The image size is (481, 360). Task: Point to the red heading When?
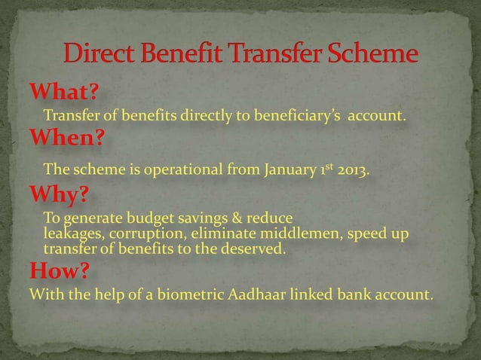pyautogui.click(x=66, y=140)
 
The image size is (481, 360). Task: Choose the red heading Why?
pyautogui.click(x=60, y=196)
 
